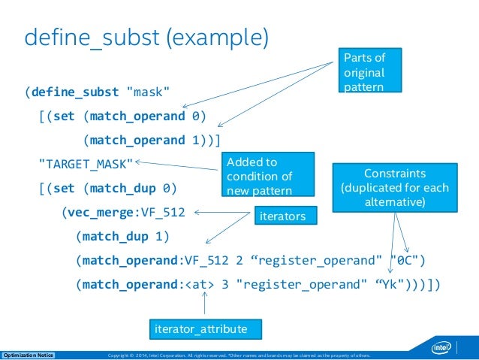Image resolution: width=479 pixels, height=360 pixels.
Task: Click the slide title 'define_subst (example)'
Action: point(146,37)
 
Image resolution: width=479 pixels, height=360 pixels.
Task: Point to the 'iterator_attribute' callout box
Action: point(206,328)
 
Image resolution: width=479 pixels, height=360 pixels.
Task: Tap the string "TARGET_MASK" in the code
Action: point(86,163)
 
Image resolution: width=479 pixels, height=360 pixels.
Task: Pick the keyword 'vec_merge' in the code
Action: point(93,212)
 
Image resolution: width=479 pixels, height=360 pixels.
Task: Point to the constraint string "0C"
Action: point(406,260)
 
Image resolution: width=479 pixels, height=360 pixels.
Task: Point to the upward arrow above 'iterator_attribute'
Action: point(204,304)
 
